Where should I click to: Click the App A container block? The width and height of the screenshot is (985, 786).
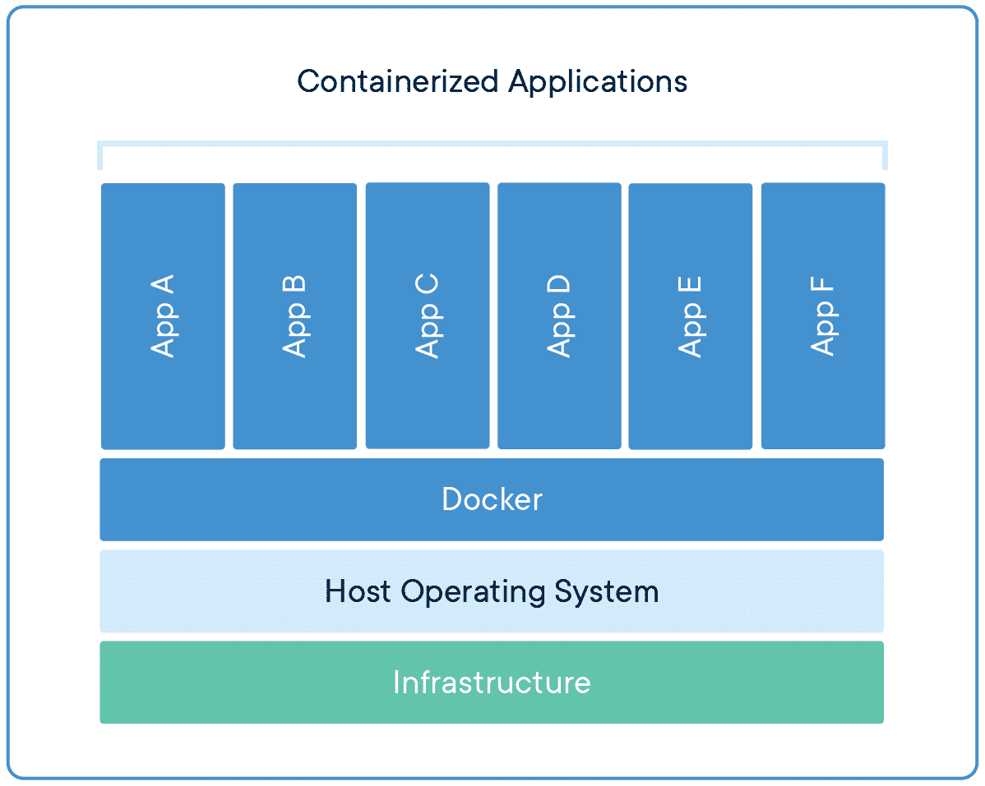(x=163, y=316)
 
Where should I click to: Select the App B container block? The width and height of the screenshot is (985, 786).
(x=294, y=316)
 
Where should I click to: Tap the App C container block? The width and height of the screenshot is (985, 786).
(x=427, y=316)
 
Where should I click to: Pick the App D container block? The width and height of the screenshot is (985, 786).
(x=559, y=316)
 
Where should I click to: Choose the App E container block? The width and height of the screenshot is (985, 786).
(x=690, y=316)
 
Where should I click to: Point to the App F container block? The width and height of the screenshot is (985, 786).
(x=823, y=316)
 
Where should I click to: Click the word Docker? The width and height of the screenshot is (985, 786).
(x=492, y=499)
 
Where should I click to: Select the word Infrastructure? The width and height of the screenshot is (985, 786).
(x=492, y=683)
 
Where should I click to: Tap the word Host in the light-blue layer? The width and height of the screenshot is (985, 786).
(x=358, y=591)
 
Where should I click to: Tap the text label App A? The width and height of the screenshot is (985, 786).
(x=163, y=316)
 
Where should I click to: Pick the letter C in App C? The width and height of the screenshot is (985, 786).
(x=427, y=285)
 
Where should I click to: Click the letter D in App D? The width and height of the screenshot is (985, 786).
(x=559, y=284)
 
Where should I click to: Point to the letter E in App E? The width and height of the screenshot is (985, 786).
(x=690, y=286)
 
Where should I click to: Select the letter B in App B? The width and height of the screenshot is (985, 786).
(x=294, y=285)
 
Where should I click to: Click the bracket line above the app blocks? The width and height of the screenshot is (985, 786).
(x=492, y=144)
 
